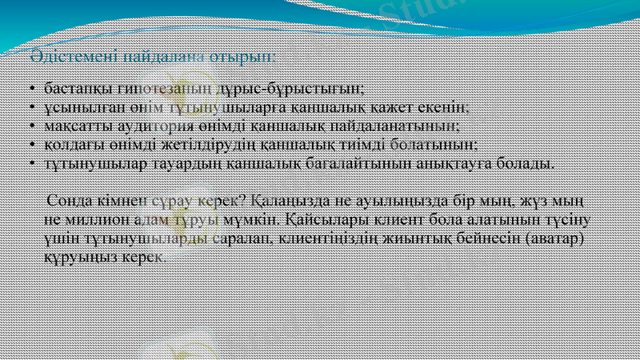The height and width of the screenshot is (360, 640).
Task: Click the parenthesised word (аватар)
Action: click(x=545, y=238)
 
